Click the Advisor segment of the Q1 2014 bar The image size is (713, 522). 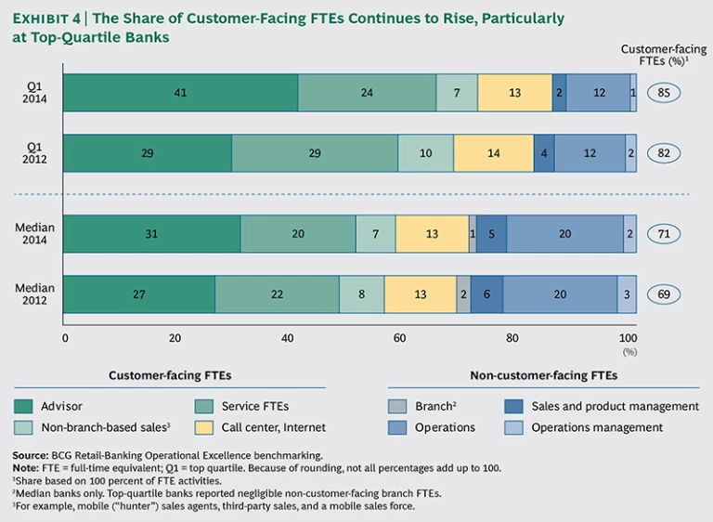[181, 93]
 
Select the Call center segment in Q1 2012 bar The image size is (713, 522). [494, 153]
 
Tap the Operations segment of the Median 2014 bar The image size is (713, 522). [564, 234]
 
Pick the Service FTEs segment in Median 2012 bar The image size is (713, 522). [277, 294]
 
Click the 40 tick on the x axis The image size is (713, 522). [289, 338]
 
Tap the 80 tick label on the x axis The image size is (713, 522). [513, 338]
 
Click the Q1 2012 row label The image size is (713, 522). [33, 153]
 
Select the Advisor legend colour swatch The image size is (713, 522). [24, 406]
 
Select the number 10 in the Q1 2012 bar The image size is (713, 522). [425, 153]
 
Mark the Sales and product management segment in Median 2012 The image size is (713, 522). [486, 294]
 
